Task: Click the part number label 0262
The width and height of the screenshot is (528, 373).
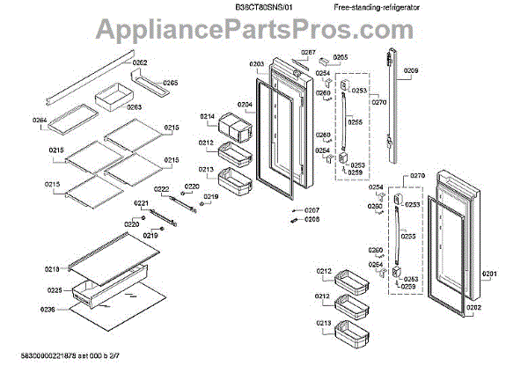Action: pyautogui.click(x=140, y=63)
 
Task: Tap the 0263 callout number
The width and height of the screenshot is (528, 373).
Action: pyautogui.click(x=134, y=107)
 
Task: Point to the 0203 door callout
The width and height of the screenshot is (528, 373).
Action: pyautogui.click(x=256, y=64)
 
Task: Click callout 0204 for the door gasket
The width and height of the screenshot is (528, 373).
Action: pyautogui.click(x=245, y=105)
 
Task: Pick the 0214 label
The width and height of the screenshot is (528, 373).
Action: pyautogui.click(x=207, y=117)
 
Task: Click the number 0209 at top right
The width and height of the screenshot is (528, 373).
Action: pyautogui.click(x=411, y=70)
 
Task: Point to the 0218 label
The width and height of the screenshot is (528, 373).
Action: pyautogui.click(x=52, y=268)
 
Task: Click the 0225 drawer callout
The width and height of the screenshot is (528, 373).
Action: pyautogui.click(x=54, y=290)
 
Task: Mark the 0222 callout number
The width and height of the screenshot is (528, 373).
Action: pyautogui.click(x=162, y=189)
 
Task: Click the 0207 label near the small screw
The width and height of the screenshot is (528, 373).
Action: pyautogui.click(x=312, y=210)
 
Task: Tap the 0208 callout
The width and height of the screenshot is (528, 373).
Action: pyautogui.click(x=312, y=220)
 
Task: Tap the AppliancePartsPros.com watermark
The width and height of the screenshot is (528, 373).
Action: pyautogui.click(x=264, y=33)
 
